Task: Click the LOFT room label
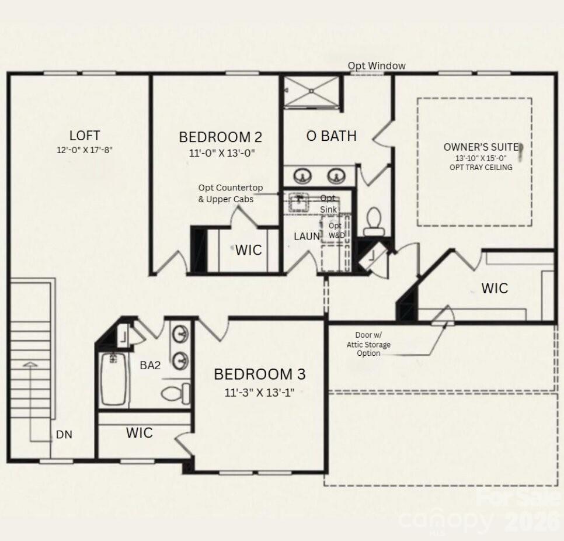[84, 136]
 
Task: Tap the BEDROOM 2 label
[220, 137]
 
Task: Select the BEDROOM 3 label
[259, 374]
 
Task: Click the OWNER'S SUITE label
[481, 147]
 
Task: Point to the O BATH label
[331, 136]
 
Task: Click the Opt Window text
[377, 66]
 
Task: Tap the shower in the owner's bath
[311, 92]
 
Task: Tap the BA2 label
[150, 366]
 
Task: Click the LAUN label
[307, 237]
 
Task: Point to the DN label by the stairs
[64, 435]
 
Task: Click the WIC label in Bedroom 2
[248, 251]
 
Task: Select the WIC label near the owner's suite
[494, 288]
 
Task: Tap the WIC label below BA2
[140, 433]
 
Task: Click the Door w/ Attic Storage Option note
[368, 344]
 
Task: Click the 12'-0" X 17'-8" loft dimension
[84, 150]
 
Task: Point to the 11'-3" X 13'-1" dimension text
[259, 392]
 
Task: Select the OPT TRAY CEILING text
[481, 168]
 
